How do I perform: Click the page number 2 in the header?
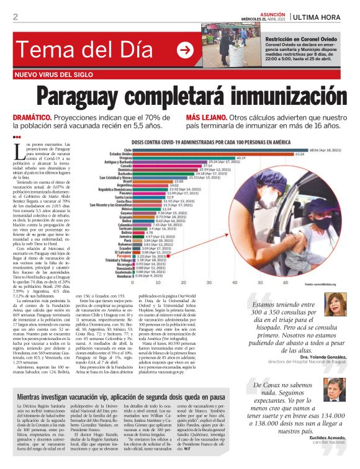15,17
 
